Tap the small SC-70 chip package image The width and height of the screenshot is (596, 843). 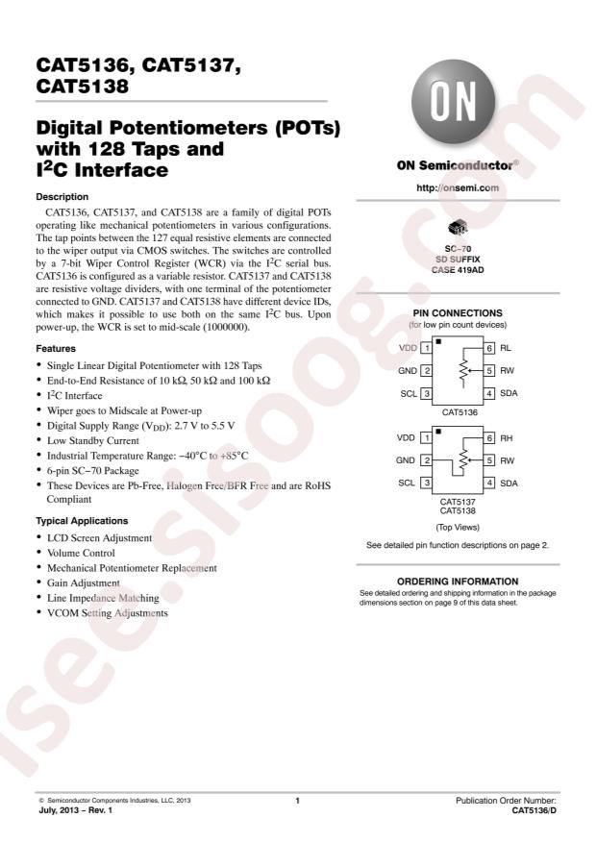(x=455, y=229)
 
